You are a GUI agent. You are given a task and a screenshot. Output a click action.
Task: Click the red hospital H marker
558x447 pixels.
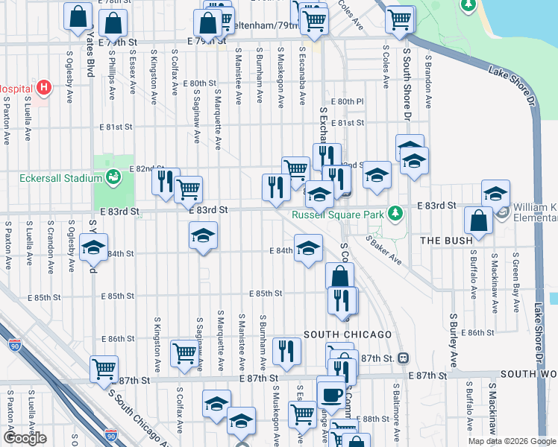(44, 88)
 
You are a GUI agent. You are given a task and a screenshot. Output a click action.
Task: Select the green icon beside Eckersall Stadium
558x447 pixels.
(113, 177)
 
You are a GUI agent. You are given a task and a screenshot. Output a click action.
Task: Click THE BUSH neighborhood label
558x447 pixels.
(445, 241)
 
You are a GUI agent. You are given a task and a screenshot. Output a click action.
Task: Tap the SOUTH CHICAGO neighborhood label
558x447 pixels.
(337, 333)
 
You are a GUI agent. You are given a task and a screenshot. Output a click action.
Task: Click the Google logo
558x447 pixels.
(25, 438)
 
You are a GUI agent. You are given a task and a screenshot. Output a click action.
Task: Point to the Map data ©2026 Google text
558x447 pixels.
(512, 441)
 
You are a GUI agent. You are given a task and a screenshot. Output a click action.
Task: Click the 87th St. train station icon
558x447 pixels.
(404, 358)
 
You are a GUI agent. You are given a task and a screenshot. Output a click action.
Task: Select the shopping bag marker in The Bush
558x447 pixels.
(477, 221)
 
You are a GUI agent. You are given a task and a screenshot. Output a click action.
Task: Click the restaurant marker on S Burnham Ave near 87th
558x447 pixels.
(286, 351)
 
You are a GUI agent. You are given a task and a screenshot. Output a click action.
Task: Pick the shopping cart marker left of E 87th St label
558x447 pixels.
(104, 367)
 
